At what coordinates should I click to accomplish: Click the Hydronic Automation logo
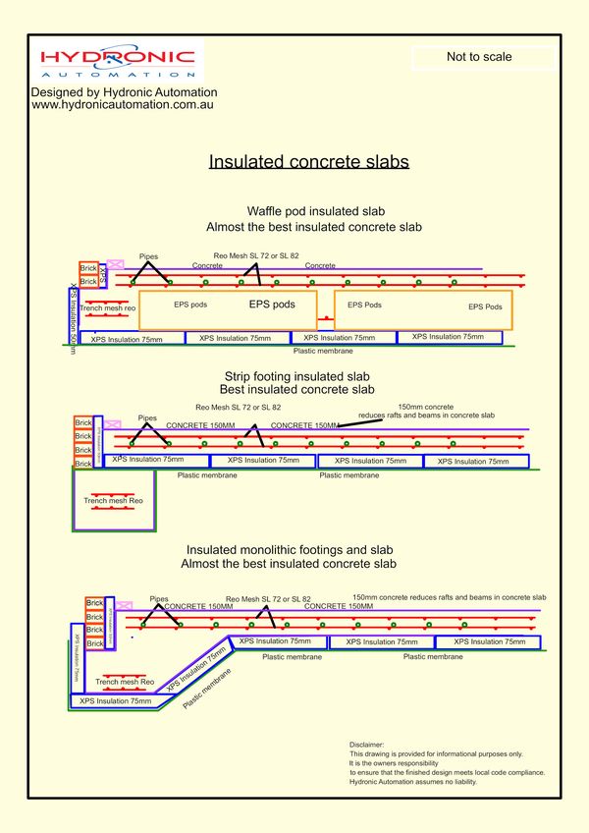click(118, 59)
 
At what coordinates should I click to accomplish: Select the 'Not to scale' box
click(479, 57)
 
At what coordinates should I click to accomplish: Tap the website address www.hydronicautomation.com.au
click(124, 104)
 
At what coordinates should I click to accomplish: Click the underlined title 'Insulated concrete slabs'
click(308, 162)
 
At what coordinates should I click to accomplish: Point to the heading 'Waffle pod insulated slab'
click(314, 212)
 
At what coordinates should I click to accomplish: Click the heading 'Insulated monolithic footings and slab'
click(289, 549)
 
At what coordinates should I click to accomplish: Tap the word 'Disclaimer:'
click(367, 746)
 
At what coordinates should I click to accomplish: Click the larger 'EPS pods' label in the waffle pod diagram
click(272, 305)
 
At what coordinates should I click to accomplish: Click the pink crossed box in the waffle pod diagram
click(115, 264)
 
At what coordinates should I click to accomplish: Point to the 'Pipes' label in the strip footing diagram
click(147, 416)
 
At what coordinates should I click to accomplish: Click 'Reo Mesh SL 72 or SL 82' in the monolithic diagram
click(268, 598)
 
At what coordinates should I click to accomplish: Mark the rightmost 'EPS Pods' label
click(486, 306)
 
